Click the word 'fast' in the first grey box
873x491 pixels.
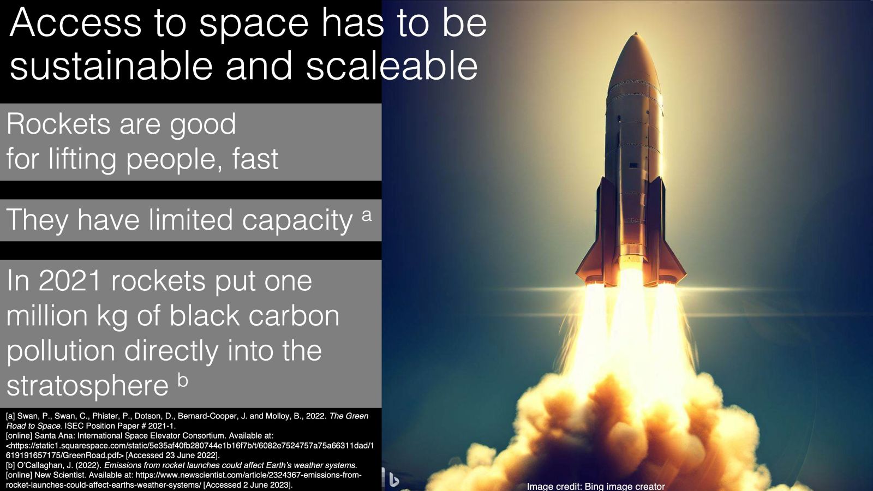[255, 159]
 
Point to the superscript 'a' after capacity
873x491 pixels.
[367, 215]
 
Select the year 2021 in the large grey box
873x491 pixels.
[70, 281]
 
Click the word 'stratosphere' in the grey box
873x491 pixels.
[87, 386]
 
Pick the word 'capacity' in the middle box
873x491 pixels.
[297, 220]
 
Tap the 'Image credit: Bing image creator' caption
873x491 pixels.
[596, 486]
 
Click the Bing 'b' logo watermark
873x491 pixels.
[392, 478]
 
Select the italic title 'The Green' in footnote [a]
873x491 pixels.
[349, 416]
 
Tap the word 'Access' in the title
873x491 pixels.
[75, 23]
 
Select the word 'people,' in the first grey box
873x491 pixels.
[174, 159]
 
